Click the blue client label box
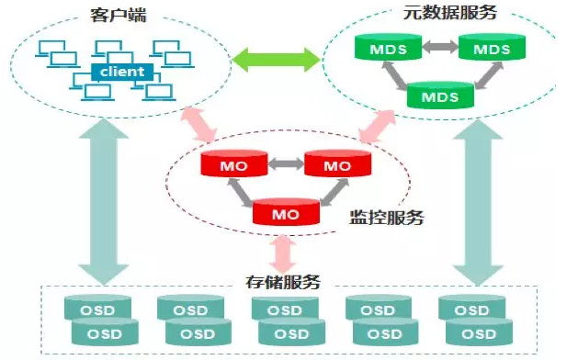click(x=122, y=72)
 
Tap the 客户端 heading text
click(x=119, y=16)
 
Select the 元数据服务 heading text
click(x=450, y=13)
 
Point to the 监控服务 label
click(x=386, y=218)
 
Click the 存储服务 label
click(x=283, y=282)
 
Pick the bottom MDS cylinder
click(x=440, y=96)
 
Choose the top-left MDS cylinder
click(x=388, y=47)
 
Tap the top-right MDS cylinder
click(x=492, y=47)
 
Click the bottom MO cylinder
click(x=286, y=212)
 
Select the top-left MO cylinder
click(x=234, y=163)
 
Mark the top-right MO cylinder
click(x=338, y=163)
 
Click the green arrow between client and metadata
click(x=277, y=60)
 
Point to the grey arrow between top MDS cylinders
click(x=440, y=47)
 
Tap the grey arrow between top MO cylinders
click(x=286, y=163)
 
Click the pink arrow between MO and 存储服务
click(x=283, y=254)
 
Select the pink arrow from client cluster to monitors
click(x=199, y=124)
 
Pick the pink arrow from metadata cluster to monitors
click(x=378, y=126)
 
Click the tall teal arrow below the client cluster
click(x=104, y=202)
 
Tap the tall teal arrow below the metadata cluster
click(x=478, y=202)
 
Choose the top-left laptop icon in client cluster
click(x=52, y=49)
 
